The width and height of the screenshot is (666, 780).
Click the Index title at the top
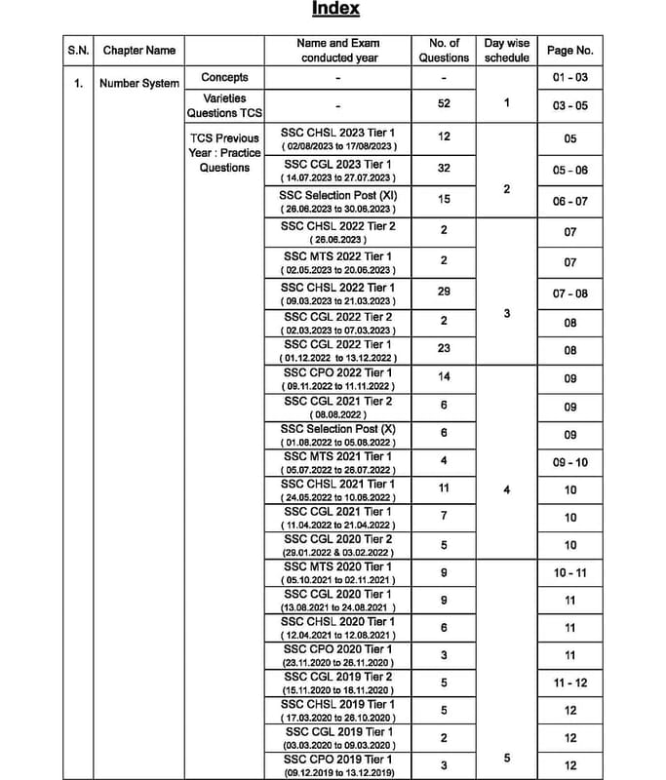point(335,9)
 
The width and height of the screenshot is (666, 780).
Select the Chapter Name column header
point(139,51)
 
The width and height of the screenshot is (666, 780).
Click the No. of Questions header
point(444,51)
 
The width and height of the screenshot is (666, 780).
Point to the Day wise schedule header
point(507,51)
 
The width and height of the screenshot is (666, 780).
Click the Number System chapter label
point(139,84)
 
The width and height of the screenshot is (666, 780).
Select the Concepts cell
point(224,77)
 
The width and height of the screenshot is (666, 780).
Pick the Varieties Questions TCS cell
point(224,105)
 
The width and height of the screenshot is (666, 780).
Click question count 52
point(444,103)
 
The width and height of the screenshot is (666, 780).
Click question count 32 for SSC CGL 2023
point(444,169)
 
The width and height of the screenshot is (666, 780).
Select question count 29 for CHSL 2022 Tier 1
point(444,293)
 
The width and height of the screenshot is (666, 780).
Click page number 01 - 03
point(570,77)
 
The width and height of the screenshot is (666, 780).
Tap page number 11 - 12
point(570,683)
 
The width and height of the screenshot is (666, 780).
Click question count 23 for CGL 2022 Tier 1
point(444,350)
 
